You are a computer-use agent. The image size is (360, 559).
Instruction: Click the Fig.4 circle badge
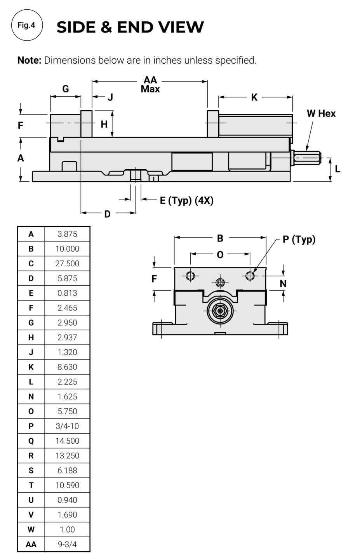26,26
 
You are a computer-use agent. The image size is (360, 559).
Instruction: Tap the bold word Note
29,60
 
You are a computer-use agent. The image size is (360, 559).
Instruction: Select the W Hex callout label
321,113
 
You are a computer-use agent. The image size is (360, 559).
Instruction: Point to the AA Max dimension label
150,85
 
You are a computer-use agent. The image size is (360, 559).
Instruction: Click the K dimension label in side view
254,97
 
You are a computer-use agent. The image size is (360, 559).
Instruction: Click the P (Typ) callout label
299,239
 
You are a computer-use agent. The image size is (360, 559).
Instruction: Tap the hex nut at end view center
220,311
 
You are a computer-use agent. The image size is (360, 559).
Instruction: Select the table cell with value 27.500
67,264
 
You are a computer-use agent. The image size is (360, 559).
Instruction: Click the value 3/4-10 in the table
67,426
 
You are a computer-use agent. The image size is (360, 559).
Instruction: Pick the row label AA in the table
31,544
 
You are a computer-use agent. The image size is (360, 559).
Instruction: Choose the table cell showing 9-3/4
67,544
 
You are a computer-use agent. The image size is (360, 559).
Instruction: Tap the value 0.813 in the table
67,293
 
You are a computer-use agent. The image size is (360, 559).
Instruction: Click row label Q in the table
31,441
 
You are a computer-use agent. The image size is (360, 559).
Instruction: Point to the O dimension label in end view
220,255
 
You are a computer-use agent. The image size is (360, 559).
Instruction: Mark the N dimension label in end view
283,284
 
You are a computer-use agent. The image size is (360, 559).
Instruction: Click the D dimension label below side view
108,214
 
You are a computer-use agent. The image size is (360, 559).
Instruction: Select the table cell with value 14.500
67,441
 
